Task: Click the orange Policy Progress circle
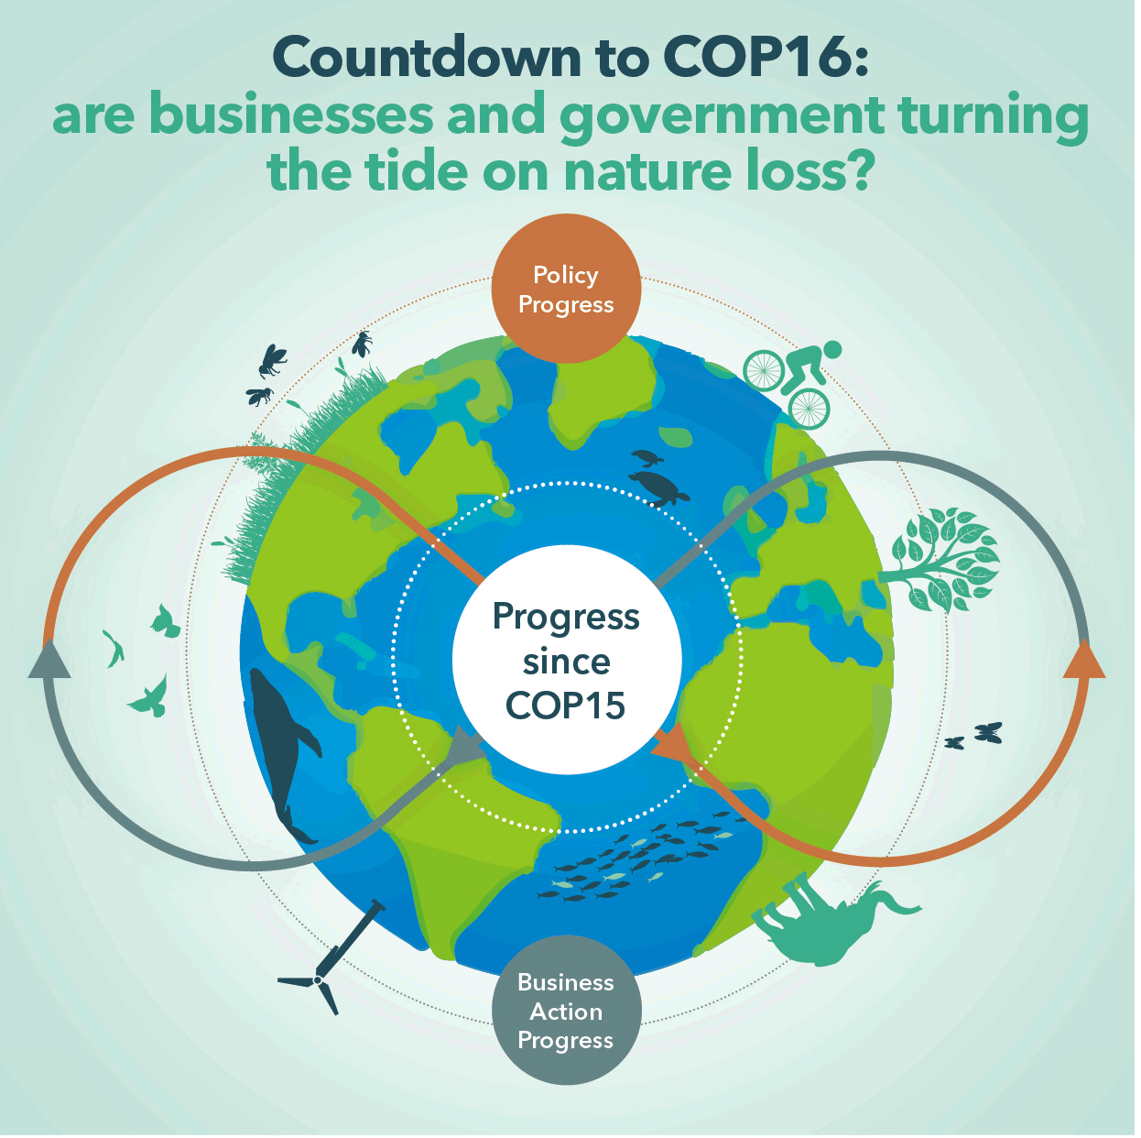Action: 567,289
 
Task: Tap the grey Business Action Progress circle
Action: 567,1011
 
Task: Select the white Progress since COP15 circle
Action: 567,661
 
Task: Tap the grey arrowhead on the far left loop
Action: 49,660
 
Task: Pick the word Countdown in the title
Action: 428,57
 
